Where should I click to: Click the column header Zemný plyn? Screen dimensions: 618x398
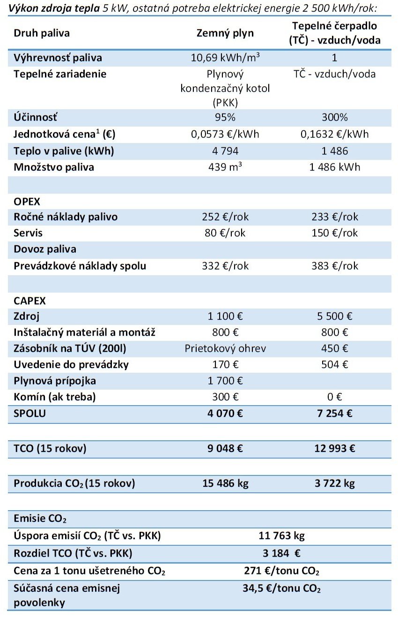coord(225,33)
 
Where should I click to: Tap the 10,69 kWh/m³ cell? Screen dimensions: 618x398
coord(225,58)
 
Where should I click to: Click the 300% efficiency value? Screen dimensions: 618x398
coord(335,117)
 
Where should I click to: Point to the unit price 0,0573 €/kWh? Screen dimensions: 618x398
coord(225,135)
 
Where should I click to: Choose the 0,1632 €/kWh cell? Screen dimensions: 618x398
coord(335,135)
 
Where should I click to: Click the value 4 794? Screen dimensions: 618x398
coord(225,151)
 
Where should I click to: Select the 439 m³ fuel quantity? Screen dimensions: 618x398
coord(225,167)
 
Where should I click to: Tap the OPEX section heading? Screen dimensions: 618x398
coord(27,202)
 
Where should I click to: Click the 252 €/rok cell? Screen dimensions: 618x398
coord(225,217)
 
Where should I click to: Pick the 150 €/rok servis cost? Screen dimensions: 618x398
coord(335,233)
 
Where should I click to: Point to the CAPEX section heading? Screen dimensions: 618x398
coord(30,301)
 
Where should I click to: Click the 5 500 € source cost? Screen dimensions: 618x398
coord(335,317)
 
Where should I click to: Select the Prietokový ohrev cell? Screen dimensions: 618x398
coord(225,348)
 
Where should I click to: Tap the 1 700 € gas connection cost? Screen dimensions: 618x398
coord(225,381)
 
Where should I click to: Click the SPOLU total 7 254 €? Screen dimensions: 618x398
coord(335,414)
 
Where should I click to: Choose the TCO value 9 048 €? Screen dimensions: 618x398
coord(225,449)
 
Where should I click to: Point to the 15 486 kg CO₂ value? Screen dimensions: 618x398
coord(225,483)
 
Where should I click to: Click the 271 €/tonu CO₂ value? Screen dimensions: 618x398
coord(281,571)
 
